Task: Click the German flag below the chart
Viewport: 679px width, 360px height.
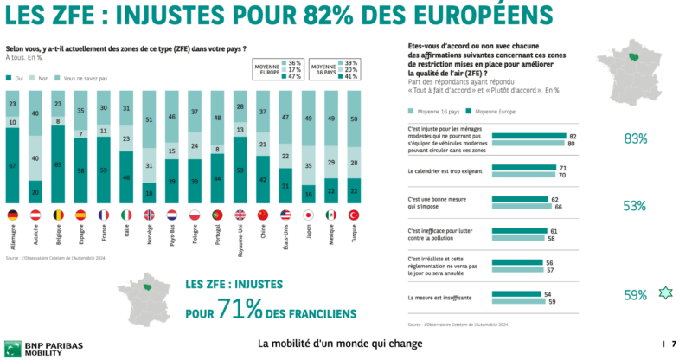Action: [x=13, y=214]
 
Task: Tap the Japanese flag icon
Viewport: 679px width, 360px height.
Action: [x=307, y=214]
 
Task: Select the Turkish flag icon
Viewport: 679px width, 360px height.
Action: [x=356, y=214]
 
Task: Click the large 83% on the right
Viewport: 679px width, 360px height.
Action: [x=636, y=138]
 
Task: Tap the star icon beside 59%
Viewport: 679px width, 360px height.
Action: [x=664, y=295]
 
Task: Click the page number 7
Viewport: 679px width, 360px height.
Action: [x=673, y=344]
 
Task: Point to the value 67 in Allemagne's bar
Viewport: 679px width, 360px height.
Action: [x=13, y=164]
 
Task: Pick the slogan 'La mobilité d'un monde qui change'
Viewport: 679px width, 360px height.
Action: [x=340, y=344]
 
